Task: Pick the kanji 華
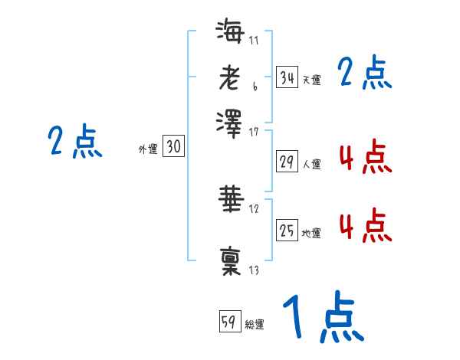coord(230,198)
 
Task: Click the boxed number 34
coord(287,77)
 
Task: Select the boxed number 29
coord(287,162)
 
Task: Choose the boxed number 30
coord(173,147)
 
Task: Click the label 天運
coord(311,80)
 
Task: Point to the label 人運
coord(311,164)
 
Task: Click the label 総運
coord(255,325)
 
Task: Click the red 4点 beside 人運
coord(365,158)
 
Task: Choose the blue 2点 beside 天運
coord(365,74)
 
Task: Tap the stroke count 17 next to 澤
coord(254,132)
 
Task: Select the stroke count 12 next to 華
coord(254,209)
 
